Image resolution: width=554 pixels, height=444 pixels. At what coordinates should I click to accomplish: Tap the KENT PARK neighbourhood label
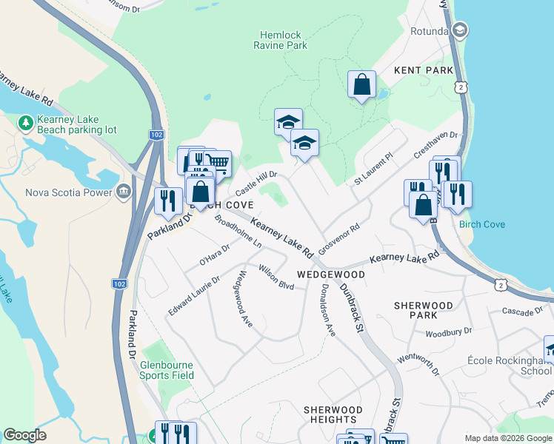tap(424, 70)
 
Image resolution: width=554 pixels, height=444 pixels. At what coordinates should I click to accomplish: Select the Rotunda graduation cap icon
tap(460, 30)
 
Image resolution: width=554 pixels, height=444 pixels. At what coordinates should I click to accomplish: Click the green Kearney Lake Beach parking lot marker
tap(26, 121)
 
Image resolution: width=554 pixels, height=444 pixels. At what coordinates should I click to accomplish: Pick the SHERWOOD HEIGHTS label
tap(333, 414)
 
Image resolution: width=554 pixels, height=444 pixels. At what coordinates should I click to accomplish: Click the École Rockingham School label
tap(510, 366)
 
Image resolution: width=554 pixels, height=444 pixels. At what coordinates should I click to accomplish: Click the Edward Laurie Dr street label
tap(194, 296)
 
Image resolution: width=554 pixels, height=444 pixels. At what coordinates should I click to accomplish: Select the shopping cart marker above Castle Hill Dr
tap(217, 163)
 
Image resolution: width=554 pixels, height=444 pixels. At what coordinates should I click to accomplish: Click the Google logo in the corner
tap(25, 435)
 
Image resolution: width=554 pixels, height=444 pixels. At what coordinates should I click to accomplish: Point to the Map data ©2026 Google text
tap(508, 438)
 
